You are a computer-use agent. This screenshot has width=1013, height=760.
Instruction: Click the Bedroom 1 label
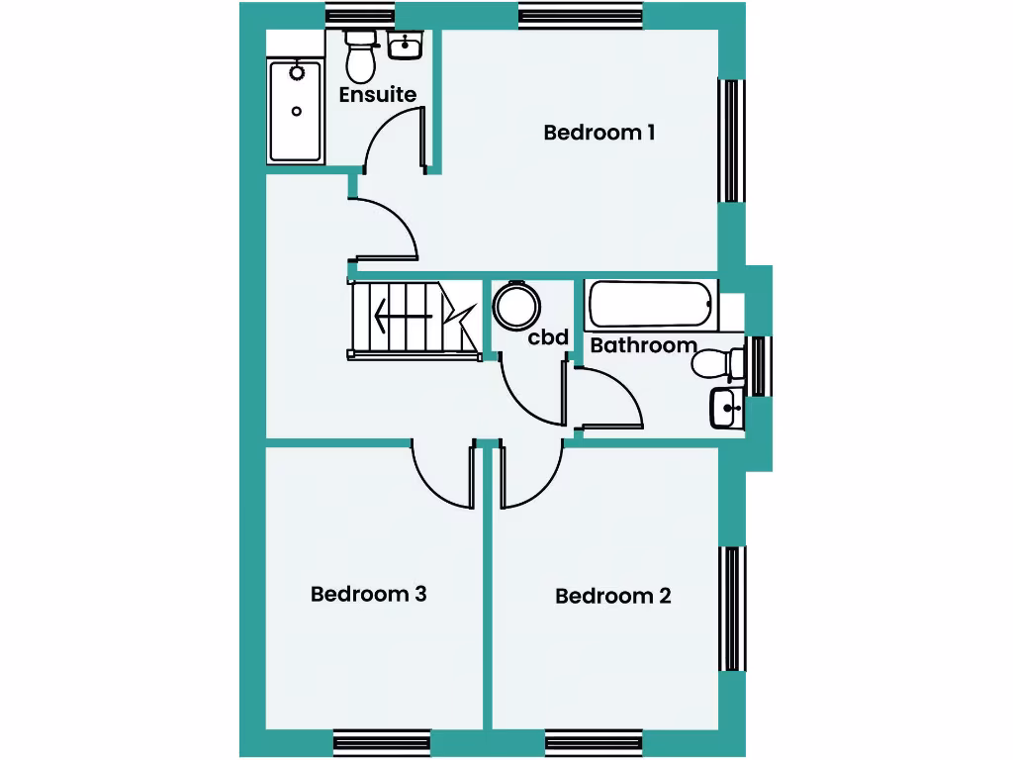click(x=599, y=132)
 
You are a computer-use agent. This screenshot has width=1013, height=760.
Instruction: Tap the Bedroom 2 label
click(x=612, y=596)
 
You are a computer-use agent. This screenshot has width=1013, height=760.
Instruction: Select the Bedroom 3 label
click(x=368, y=594)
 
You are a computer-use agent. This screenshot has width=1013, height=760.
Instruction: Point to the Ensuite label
click(x=377, y=95)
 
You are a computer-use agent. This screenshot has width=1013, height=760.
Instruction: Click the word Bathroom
click(x=643, y=345)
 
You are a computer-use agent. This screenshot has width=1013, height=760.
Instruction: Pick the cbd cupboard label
click(x=548, y=337)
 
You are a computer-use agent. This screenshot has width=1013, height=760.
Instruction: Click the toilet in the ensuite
click(x=360, y=58)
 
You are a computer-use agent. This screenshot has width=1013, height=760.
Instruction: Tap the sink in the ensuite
click(x=406, y=46)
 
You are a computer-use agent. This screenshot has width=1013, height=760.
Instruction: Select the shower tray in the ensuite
click(x=297, y=111)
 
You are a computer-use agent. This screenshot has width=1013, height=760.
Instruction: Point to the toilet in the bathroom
click(x=717, y=364)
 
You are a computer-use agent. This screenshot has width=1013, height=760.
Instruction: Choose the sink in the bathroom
click(x=727, y=407)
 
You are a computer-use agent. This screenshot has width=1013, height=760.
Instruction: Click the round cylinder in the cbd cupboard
click(x=515, y=306)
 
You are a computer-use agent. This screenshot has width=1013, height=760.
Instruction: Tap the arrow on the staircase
click(x=403, y=319)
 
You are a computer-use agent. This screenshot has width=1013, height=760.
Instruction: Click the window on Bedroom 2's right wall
click(x=732, y=608)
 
